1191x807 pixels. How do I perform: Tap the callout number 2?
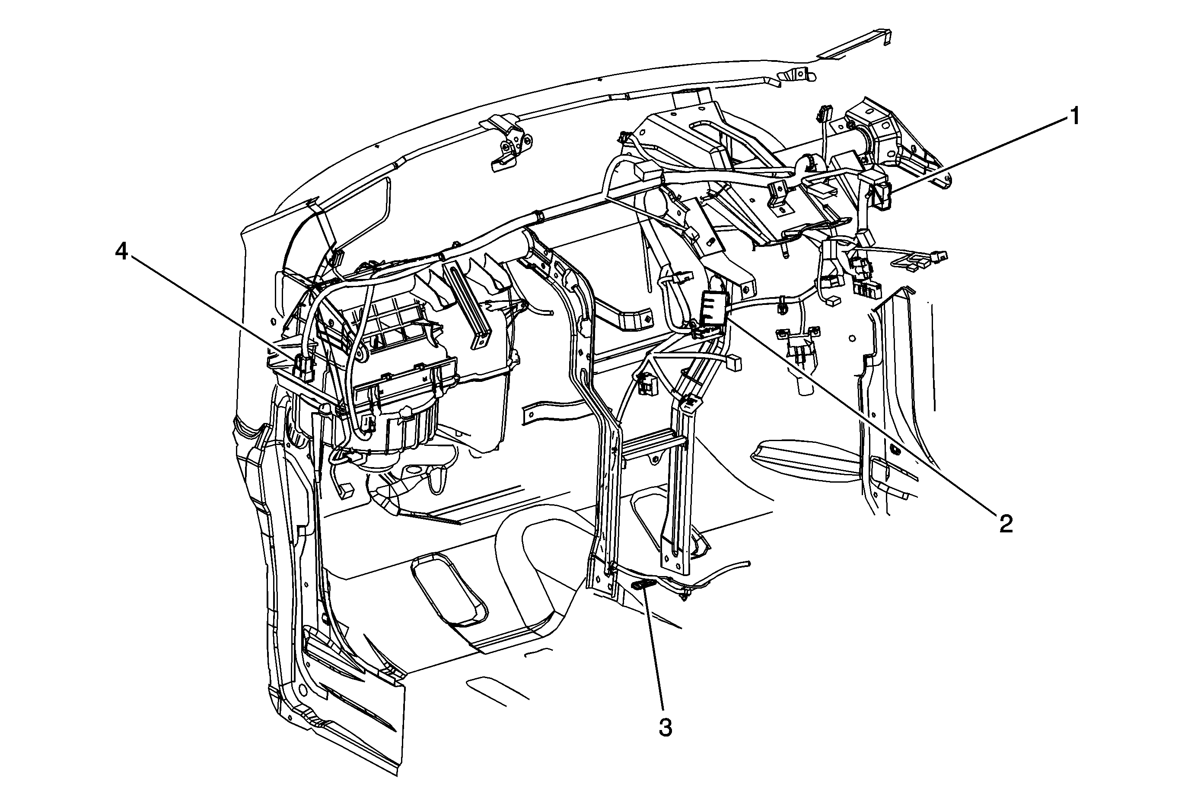point(1006,523)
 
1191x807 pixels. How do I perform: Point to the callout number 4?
point(121,252)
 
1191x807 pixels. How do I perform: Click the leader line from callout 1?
point(976,156)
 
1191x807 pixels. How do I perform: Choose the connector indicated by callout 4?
point(304,367)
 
